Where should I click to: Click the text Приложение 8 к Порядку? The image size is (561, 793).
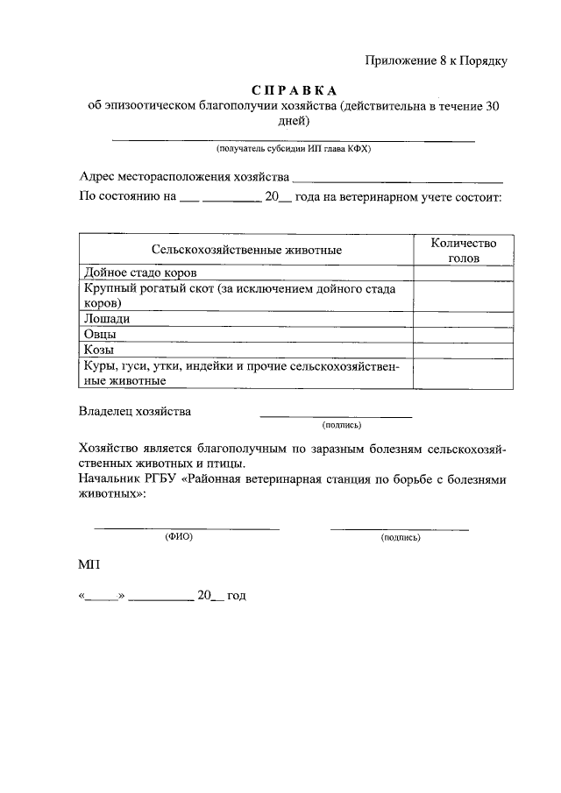click(436, 60)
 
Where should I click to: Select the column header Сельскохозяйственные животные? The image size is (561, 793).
click(245, 250)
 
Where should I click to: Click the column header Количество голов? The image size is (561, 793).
click(464, 250)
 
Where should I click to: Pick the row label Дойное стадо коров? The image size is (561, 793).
click(146, 273)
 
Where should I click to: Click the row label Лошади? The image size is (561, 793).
click(106, 319)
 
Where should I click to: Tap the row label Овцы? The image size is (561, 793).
click(101, 334)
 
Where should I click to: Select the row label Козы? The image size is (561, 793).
click(100, 350)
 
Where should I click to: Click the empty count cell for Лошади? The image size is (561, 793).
click(464, 319)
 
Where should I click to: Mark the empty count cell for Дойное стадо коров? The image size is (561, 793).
click(464, 273)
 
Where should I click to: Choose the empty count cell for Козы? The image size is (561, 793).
click(464, 350)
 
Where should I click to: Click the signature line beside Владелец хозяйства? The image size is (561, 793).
click(336, 415)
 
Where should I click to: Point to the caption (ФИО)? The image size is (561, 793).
click(179, 537)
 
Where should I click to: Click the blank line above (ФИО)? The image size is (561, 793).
click(187, 527)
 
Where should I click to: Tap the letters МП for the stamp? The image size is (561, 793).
click(90, 566)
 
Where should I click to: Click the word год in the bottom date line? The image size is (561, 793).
click(236, 595)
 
